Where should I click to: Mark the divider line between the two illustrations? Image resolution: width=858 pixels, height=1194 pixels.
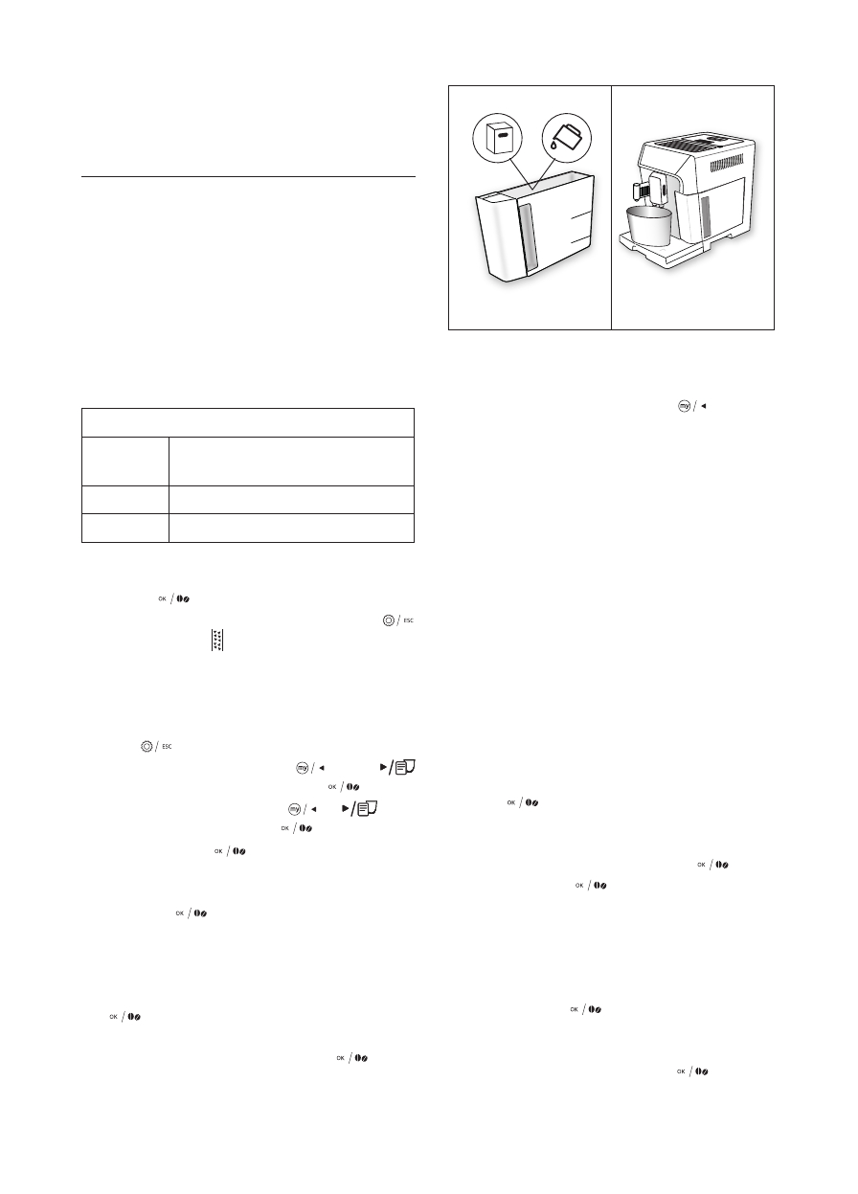611,207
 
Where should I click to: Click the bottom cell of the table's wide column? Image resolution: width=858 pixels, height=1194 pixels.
291,528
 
